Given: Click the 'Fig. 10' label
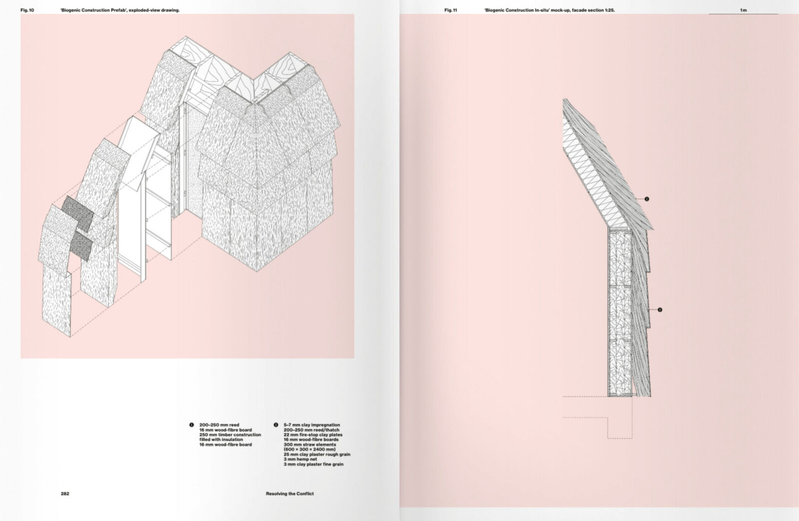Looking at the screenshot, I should point(27,10).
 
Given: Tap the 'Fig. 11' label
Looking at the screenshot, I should point(450,10).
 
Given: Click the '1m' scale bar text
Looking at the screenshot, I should point(744,10).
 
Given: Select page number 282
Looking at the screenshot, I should point(65,494).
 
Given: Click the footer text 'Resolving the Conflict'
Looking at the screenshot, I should point(290,494).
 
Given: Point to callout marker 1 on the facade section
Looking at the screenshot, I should point(647,199).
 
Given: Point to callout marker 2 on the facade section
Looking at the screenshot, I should point(660,310).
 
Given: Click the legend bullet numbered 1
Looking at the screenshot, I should point(191,425).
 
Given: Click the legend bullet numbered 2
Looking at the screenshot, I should point(276,425).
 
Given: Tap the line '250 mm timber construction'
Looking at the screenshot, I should point(230,435).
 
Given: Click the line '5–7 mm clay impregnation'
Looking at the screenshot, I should point(312,425).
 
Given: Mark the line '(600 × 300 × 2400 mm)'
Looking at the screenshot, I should point(310,449).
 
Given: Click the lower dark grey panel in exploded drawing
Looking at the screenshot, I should point(80,246).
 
